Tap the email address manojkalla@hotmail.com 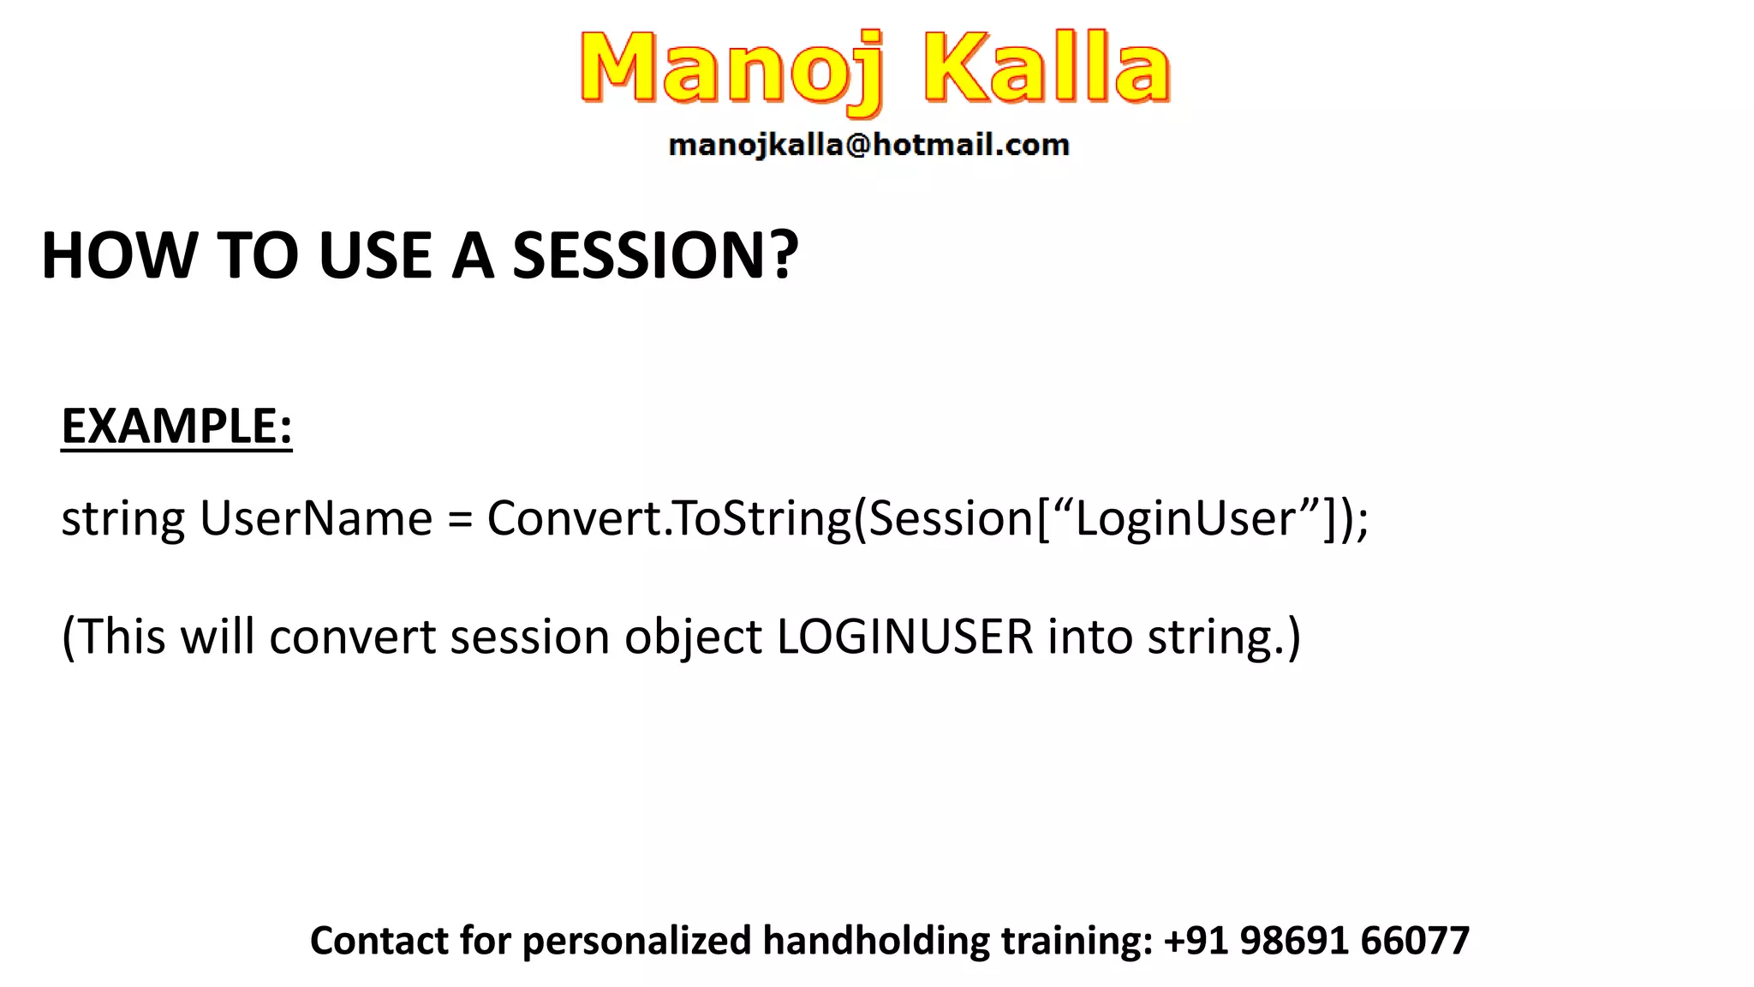[868, 145]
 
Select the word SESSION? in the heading [655, 256]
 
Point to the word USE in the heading [374, 256]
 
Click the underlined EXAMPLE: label [176, 427]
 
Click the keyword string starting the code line [122, 519]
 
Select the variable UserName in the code [316, 519]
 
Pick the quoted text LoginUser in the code [1185, 519]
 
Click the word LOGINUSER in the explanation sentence [905, 637]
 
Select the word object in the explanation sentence [693, 638]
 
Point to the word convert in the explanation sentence [353, 638]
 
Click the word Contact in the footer [379, 941]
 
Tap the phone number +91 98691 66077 [1316, 941]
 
